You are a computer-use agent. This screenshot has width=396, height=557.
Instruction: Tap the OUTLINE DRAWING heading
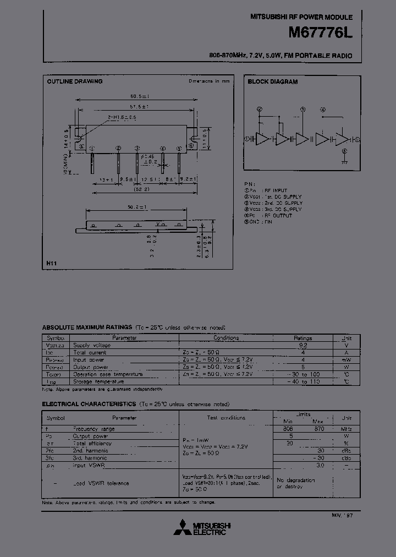[x=75, y=81]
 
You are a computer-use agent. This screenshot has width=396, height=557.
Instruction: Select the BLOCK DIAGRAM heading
[x=272, y=81]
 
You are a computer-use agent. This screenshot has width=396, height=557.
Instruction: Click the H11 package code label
[x=51, y=264]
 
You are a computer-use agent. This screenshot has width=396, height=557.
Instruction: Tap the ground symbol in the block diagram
[x=344, y=162]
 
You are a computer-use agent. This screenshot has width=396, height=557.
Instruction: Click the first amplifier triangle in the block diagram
[x=262, y=139]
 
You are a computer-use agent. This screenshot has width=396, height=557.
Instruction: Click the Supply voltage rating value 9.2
[x=302, y=345]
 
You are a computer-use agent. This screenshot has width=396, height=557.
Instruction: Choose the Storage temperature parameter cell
[x=99, y=381]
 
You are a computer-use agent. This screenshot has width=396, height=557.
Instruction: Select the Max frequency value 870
[x=319, y=429]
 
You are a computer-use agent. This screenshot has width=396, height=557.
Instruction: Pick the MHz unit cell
[x=346, y=429]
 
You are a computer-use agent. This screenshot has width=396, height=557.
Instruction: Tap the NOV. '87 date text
[x=342, y=514]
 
